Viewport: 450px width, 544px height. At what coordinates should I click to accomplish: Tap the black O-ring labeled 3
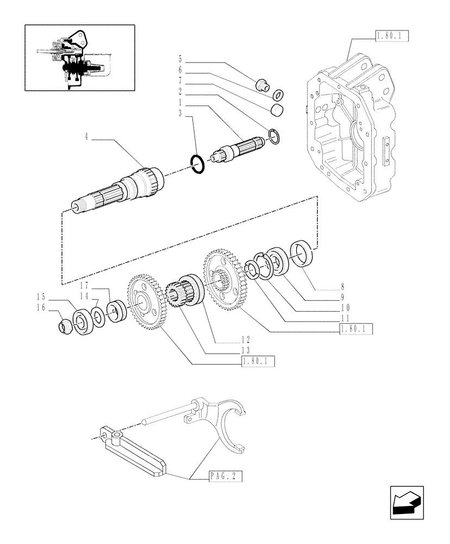(198, 164)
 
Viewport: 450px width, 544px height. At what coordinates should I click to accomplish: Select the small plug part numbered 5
(262, 85)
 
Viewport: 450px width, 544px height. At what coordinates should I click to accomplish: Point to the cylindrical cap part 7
(278, 111)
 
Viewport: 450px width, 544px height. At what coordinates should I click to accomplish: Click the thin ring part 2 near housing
(274, 137)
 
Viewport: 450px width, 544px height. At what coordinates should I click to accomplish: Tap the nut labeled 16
(64, 325)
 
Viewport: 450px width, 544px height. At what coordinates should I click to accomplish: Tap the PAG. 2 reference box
(224, 477)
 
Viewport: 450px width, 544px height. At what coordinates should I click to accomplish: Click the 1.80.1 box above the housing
(391, 36)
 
